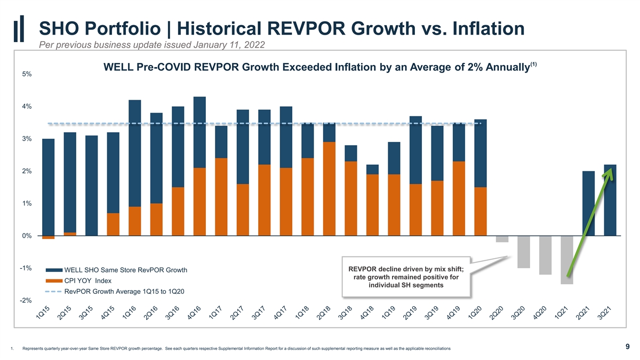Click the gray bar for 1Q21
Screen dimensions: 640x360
[567, 260]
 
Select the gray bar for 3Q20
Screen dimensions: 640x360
[524, 252]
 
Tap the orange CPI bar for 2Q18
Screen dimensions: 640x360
[329, 189]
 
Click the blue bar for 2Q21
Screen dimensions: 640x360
[589, 203]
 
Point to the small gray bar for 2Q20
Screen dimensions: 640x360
[502, 239]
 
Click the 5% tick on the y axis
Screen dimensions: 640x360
[27, 74]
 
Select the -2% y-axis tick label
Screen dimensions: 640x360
[26, 300]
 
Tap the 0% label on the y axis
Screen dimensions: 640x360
[27, 236]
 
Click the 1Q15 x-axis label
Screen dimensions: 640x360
[43, 313]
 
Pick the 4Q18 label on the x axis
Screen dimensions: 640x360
[367, 313]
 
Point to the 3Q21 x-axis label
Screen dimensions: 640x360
[605, 313]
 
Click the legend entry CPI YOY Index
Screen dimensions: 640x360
[79, 281]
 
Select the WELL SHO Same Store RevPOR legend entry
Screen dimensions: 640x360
[117, 270]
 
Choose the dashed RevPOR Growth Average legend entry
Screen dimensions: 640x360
[115, 291]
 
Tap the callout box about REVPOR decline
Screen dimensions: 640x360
[406, 277]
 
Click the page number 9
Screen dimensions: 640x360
[627, 347]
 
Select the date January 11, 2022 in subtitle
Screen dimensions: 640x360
[229, 45]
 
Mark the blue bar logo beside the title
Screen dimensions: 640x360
[19, 29]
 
